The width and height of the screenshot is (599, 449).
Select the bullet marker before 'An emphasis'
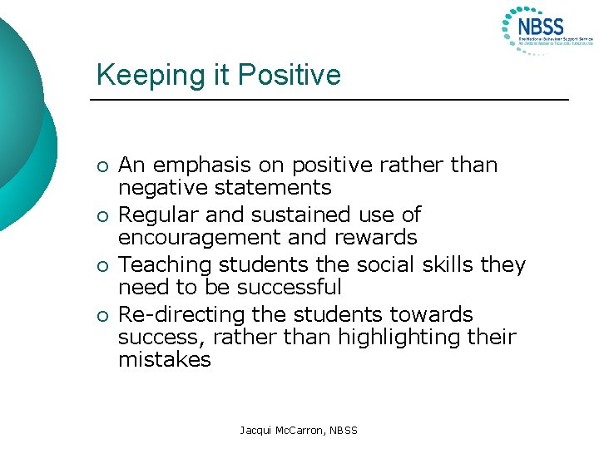101,165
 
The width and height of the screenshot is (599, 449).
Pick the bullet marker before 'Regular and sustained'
101,215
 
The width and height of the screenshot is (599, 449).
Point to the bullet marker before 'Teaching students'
101,265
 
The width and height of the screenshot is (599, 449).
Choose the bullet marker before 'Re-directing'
101,315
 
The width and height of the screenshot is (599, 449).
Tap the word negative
159,188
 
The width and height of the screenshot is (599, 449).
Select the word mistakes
164,360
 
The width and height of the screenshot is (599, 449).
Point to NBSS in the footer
342,430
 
